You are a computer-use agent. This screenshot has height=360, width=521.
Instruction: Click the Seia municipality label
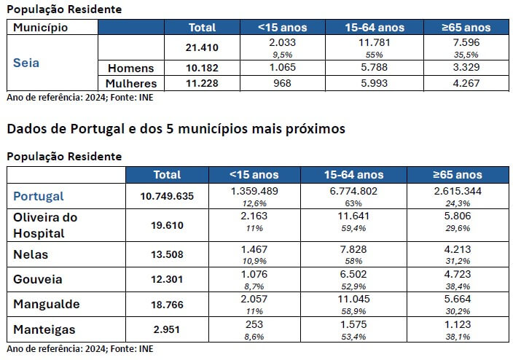click(26, 62)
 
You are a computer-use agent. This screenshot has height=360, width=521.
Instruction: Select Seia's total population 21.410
click(202, 48)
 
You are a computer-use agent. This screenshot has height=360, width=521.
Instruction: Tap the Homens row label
click(131, 68)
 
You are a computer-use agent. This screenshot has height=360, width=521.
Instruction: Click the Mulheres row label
click(130, 83)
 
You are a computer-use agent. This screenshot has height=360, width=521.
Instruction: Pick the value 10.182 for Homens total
click(202, 68)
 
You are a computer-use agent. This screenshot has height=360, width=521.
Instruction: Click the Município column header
click(41, 27)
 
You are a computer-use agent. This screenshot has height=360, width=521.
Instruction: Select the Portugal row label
click(39, 196)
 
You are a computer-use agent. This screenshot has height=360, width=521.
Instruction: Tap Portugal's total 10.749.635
click(167, 196)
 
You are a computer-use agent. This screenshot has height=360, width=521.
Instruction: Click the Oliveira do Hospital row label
click(45, 225)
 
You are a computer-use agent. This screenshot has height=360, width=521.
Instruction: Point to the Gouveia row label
click(38, 280)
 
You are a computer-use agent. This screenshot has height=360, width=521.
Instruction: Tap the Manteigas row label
click(44, 329)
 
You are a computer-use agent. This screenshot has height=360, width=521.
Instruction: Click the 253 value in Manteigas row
click(254, 325)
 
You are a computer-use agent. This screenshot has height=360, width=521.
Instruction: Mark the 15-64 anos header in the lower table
click(353, 175)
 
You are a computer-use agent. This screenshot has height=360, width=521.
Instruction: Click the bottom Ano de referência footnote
click(80, 349)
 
